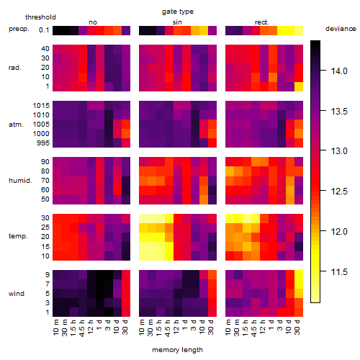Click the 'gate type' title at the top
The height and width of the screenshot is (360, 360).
pyautogui.click(x=178, y=12)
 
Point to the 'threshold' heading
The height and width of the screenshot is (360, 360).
pyautogui.click(x=40, y=17)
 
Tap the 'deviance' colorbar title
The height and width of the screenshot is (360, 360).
pyautogui.click(x=341, y=29)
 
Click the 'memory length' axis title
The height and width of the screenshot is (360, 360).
pyautogui.click(x=178, y=350)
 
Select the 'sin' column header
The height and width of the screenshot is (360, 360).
pyautogui.click(x=177, y=22)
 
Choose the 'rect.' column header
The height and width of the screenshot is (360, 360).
pyautogui.click(x=262, y=22)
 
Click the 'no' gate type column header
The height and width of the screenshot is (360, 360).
pyautogui.click(x=93, y=22)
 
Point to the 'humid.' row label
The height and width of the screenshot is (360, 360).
pyautogui.click(x=20, y=181)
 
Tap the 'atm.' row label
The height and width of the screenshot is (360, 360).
pyautogui.click(x=16, y=125)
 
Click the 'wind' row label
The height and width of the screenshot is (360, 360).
pyautogui.click(x=17, y=294)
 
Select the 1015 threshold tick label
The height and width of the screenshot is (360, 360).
pyautogui.click(x=41, y=106)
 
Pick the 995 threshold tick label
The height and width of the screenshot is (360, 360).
pyautogui.click(x=43, y=143)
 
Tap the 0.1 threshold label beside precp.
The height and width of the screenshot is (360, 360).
pyautogui.click(x=44, y=30)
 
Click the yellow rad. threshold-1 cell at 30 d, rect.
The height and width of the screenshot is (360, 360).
pyautogui.click(x=299, y=86)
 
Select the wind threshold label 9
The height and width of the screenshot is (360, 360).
pyautogui.click(x=48, y=275)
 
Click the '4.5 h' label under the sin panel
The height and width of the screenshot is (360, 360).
pyautogui.click(x=168, y=328)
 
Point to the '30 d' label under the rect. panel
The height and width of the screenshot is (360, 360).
pyautogui.click(x=297, y=327)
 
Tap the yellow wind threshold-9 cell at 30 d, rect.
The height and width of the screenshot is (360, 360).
pyautogui.click(x=299, y=275)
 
